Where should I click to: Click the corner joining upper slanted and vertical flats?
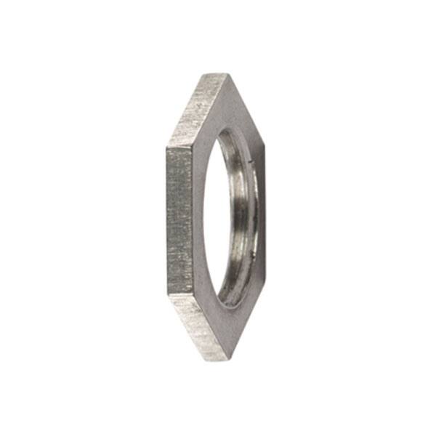pos(167,147)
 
